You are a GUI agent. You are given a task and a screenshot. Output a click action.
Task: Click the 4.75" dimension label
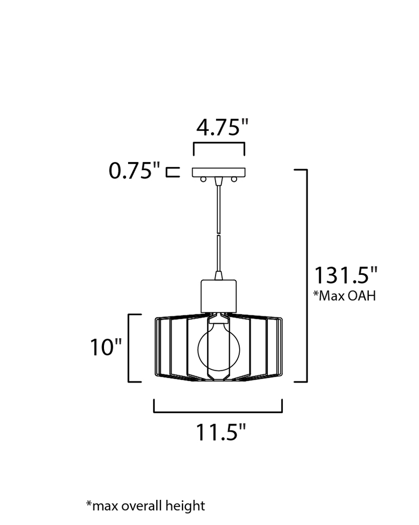click(x=222, y=127)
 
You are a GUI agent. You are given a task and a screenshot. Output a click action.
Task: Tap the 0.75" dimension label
click(x=134, y=170)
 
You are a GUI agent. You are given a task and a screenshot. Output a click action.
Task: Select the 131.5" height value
click(x=346, y=275)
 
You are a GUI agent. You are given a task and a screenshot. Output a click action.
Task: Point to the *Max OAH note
click(x=344, y=296)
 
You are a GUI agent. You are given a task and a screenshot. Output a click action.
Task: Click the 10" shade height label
click(x=106, y=347)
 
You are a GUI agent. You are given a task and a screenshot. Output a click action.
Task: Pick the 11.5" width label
click(x=221, y=432)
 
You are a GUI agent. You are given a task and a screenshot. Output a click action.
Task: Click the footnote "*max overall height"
click(x=145, y=506)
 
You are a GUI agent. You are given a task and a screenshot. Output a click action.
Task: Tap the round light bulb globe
click(x=219, y=350)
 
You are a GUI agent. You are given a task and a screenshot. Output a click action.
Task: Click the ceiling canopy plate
click(x=219, y=172)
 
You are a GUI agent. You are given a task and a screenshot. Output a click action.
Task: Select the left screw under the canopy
click(x=203, y=179)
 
